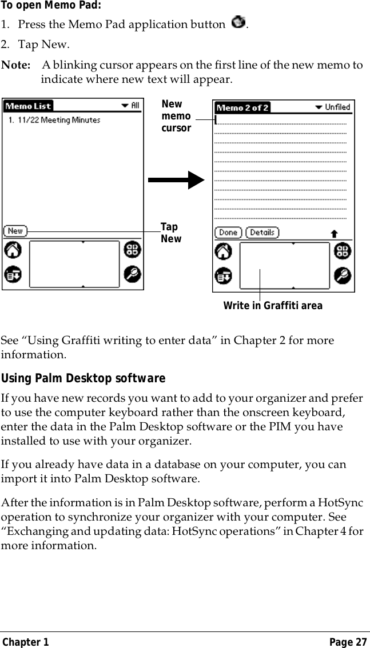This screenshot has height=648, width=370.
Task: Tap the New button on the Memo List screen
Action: [x=15, y=231]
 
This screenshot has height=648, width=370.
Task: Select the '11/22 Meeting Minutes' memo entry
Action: [x=54, y=120]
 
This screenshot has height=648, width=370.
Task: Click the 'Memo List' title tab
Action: [x=28, y=106]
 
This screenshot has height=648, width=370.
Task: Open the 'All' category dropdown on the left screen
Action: [x=130, y=106]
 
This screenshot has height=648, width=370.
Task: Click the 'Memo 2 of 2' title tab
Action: [x=242, y=107]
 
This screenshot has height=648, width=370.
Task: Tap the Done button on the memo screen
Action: [x=228, y=233]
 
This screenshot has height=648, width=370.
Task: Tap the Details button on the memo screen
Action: [x=262, y=233]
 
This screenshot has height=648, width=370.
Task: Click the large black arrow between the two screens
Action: [x=176, y=179]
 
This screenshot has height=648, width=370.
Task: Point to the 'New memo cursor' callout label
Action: [x=176, y=116]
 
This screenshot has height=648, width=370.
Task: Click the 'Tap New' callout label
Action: [x=170, y=233]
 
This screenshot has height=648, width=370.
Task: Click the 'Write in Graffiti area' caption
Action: [x=273, y=306]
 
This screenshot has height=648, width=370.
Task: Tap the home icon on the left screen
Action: [x=14, y=250]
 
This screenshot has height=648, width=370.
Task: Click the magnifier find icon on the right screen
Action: [x=343, y=275]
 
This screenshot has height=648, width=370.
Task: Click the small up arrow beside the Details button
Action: [x=334, y=233]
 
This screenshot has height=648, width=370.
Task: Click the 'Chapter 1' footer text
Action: [x=25, y=642]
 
